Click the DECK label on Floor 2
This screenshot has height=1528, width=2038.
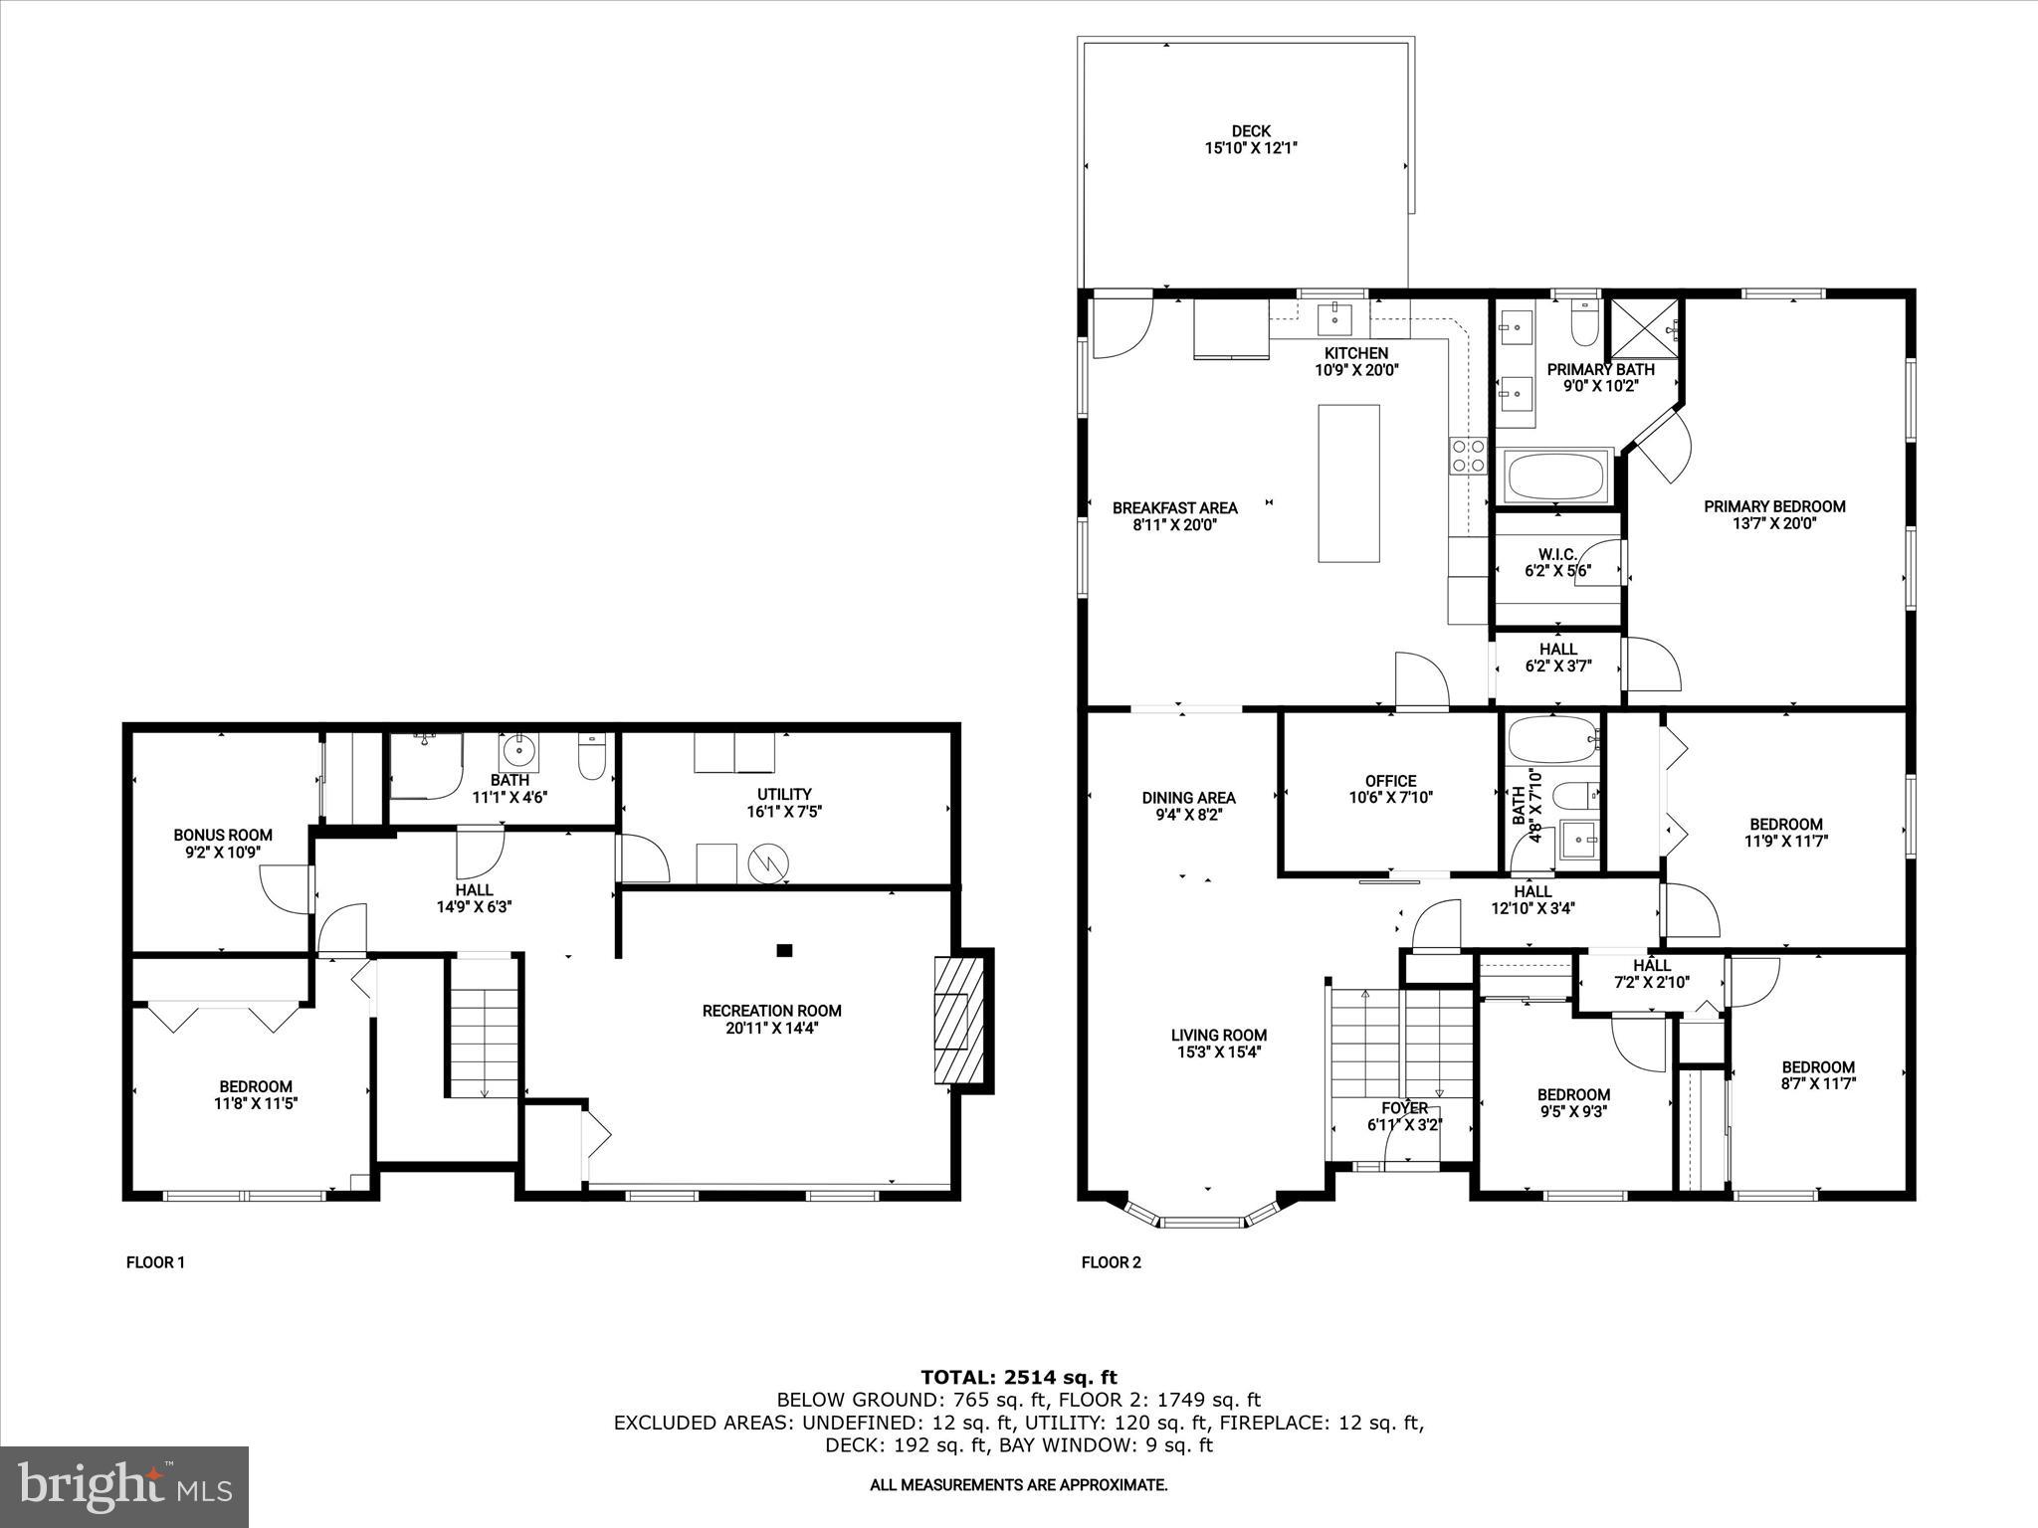point(1251,131)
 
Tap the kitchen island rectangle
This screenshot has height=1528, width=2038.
point(1348,483)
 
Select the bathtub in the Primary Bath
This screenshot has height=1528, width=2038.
point(1557,477)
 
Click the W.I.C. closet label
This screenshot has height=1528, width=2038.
point(1557,554)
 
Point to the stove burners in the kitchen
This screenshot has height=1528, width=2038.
point(1468,457)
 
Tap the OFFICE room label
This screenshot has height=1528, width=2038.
point(1390,781)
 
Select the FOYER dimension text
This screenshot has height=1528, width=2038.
point(1404,1125)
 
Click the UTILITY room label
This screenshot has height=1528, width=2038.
point(784,794)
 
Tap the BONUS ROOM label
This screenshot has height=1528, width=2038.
point(223,835)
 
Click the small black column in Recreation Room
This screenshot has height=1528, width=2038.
point(784,950)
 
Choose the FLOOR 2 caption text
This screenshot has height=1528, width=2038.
point(1111,1262)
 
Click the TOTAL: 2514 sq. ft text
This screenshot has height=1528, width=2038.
point(1018,1377)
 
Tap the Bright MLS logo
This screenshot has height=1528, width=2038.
point(124,1486)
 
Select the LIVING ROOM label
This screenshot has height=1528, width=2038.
point(1218,1035)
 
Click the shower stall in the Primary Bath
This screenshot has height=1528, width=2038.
point(1642,327)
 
